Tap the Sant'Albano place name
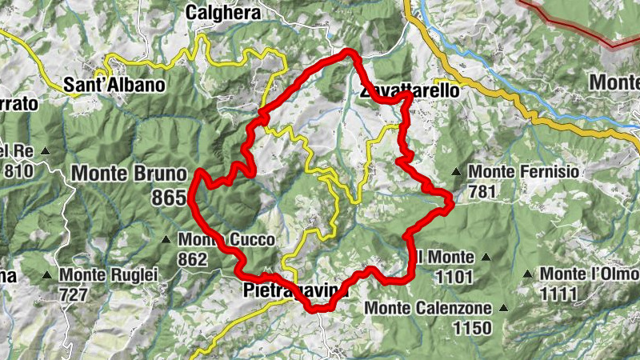tap(114, 84)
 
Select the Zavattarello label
tap(410, 91)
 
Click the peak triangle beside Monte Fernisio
tap(455, 171)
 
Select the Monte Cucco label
tap(226, 239)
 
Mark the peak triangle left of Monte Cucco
tap(166, 239)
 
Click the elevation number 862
tap(194, 259)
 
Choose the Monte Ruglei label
tap(109, 274)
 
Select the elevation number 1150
tap(471, 327)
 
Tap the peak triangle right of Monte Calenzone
tap(503, 307)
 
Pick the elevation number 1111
tap(558, 294)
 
